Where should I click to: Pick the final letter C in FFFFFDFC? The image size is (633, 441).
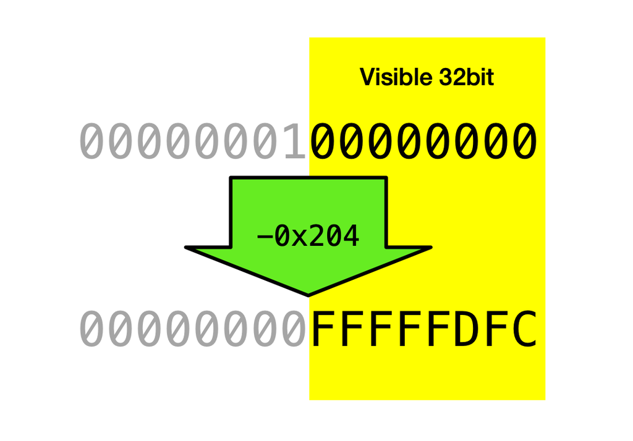(524, 329)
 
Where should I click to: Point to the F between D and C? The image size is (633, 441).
(496, 329)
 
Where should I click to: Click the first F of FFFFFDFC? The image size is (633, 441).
(322, 329)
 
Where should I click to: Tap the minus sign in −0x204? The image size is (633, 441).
(265, 237)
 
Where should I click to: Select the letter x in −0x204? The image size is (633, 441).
(300, 239)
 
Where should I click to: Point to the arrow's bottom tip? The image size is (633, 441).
(308, 296)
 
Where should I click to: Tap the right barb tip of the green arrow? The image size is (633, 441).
(430, 247)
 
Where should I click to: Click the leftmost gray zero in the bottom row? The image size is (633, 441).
(91, 329)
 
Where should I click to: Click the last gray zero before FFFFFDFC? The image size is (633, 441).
(294, 329)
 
